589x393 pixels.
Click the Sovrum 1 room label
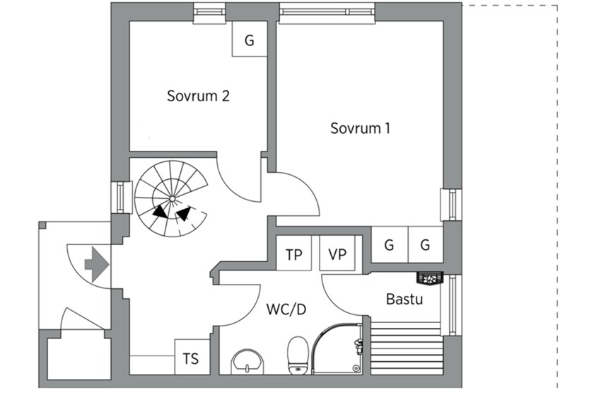click(360, 128)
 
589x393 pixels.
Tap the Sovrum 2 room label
click(198, 96)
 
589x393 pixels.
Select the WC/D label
click(286, 309)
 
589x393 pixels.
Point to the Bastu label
click(404, 300)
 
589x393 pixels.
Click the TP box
click(293, 253)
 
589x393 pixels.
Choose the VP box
click(337, 253)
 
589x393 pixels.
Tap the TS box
click(192, 357)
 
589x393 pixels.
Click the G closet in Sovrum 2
click(250, 39)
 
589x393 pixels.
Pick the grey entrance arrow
click(97, 264)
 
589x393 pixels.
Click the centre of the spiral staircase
click(172, 198)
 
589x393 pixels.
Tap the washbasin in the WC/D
click(247, 362)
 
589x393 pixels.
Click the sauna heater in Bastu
click(430, 278)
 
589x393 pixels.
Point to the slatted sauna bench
click(407, 348)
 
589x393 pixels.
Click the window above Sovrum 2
click(209, 11)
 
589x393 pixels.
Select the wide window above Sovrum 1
click(327, 12)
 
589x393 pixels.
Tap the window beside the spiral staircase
click(121, 198)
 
